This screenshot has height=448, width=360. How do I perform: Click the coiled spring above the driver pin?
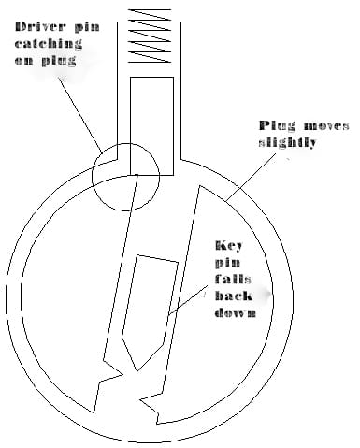coord(151,36)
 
